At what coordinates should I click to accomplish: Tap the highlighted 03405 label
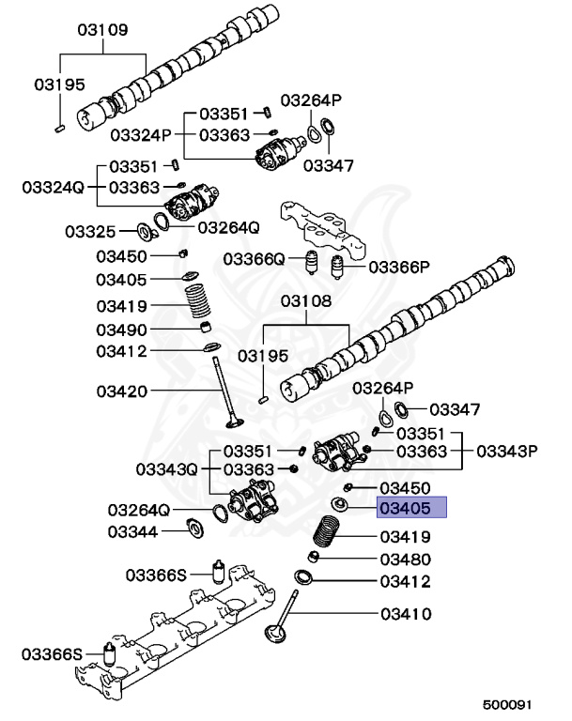click(x=411, y=509)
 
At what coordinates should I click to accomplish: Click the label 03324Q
click(x=53, y=188)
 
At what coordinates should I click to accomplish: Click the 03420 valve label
click(x=120, y=390)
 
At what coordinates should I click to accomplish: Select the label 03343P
click(x=507, y=451)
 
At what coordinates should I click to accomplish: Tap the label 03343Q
click(x=166, y=468)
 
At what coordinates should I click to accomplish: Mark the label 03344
click(x=133, y=531)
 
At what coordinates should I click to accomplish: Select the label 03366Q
click(x=254, y=259)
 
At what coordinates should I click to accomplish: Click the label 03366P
click(x=398, y=267)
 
